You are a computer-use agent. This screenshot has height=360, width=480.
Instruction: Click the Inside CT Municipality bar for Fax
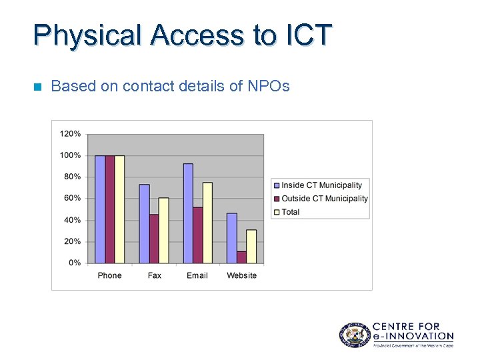[144, 223]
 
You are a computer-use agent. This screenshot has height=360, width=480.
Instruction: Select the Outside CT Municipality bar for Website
[241, 257]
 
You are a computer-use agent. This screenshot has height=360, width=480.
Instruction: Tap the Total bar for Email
[207, 223]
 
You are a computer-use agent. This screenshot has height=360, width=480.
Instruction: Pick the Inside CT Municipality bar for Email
[188, 213]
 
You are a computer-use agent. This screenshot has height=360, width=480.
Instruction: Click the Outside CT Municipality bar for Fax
[154, 238]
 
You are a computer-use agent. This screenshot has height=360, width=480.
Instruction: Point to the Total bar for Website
[251, 246]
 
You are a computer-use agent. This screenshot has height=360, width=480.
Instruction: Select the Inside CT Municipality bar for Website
[231, 238]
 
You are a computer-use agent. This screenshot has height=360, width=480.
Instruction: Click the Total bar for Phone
[119, 209]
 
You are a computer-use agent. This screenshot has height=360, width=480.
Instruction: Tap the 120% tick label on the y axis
[71, 134]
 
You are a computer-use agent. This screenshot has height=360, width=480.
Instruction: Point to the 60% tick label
[73, 199]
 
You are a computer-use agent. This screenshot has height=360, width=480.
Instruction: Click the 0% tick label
[75, 263]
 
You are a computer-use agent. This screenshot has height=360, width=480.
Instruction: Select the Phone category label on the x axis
[109, 275]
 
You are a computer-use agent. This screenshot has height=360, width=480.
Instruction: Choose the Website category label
[241, 275]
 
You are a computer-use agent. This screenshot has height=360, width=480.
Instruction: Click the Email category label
[197, 275]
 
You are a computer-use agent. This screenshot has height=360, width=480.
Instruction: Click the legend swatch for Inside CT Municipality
[277, 185]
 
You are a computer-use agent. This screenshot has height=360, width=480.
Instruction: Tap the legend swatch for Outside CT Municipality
[277, 199]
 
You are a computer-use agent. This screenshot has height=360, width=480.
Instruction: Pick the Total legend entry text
[291, 212]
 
